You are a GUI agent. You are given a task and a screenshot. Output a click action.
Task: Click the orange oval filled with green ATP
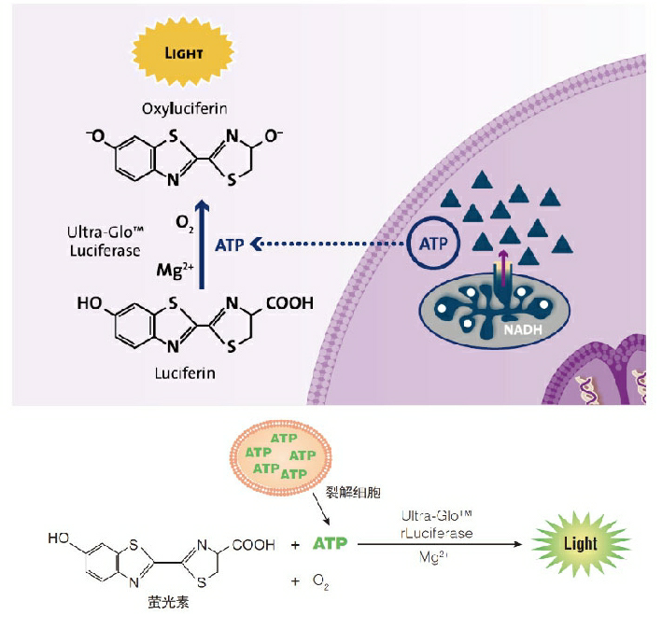[x=279, y=454]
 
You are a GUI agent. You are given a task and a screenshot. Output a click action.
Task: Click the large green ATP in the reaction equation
[x=332, y=543]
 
